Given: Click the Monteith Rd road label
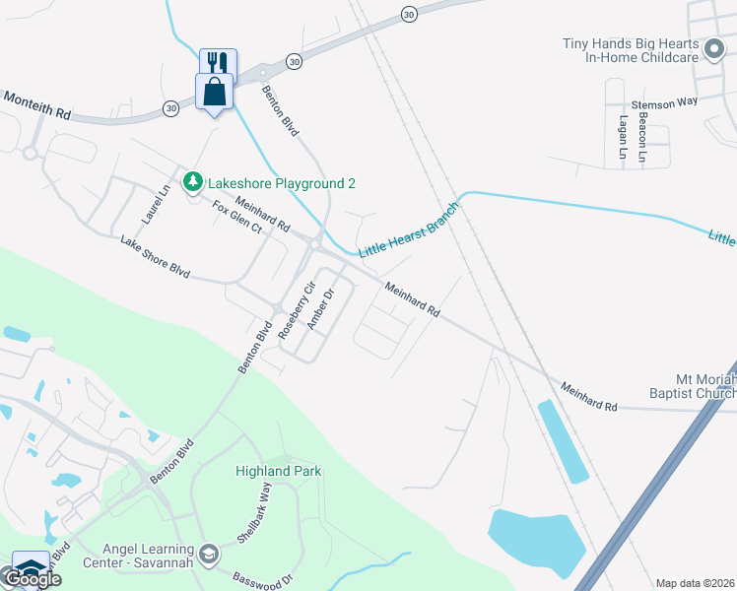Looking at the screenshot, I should point(36,105).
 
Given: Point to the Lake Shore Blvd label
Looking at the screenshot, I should point(155,255).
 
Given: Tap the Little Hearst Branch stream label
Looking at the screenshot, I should point(408,230).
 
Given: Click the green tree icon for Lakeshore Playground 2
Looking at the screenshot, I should point(192,182).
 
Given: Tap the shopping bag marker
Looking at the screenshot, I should point(216,93).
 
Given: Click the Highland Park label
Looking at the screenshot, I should point(279,471).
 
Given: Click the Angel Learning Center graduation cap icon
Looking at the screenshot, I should point(208,555).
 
